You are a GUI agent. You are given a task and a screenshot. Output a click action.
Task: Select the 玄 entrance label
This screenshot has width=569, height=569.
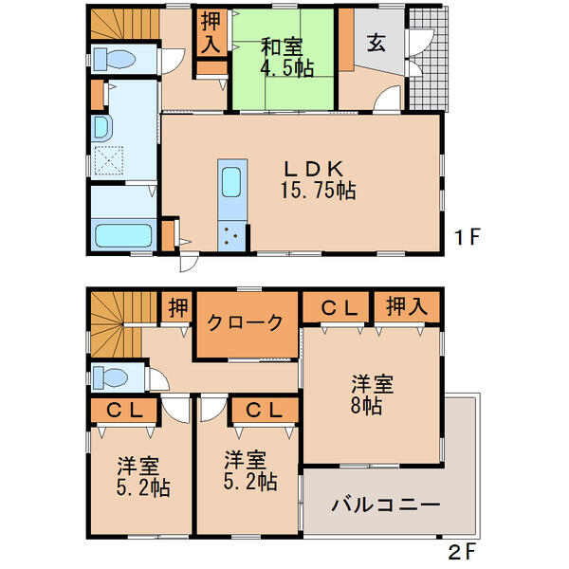[376, 44]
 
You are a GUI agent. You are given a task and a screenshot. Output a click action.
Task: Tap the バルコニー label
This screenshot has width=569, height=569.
[385, 505]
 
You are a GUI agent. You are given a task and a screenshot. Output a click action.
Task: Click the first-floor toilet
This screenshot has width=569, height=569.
[119, 58]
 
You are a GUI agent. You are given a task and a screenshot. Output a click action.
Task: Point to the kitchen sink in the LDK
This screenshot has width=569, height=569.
[231, 179]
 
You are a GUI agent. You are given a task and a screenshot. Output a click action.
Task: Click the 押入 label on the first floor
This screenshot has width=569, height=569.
[211, 34]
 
